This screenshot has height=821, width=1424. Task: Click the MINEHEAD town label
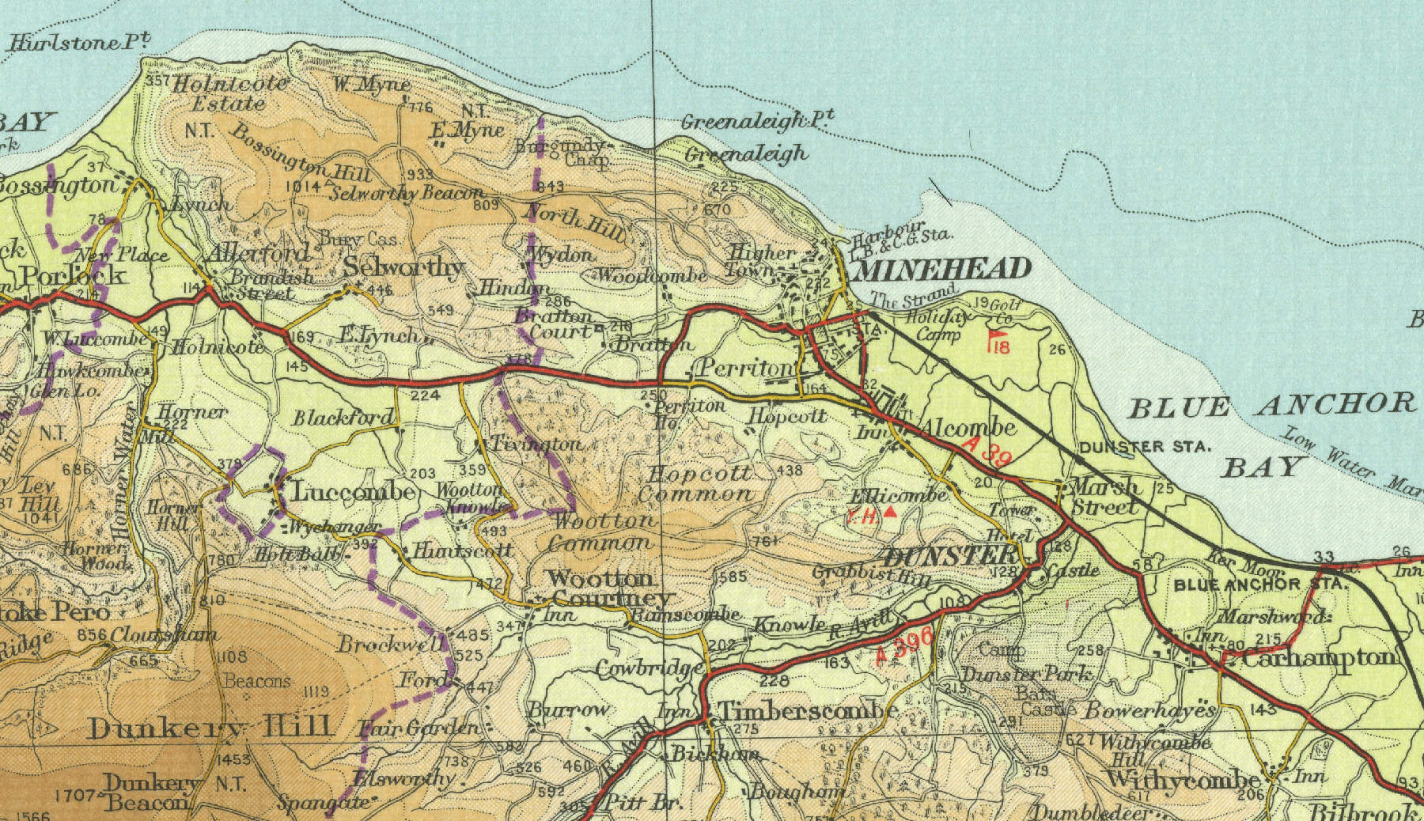[x=943, y=271]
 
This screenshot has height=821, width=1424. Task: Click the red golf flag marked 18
[x=998, y=342]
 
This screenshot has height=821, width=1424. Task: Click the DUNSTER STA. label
[x=1146, y=447]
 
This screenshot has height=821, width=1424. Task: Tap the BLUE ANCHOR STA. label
[x=1259, y=585]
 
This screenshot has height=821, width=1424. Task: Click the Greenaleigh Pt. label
[x=758, y=121]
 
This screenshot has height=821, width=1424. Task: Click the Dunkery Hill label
[x=210, y=727]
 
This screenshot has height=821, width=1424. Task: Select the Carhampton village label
[x=1320, y=657]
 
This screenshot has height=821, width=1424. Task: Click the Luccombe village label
[x=353, y=492]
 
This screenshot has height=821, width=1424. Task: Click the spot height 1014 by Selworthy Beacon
[x=305, y=187]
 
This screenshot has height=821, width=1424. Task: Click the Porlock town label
[x=73, y=275]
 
